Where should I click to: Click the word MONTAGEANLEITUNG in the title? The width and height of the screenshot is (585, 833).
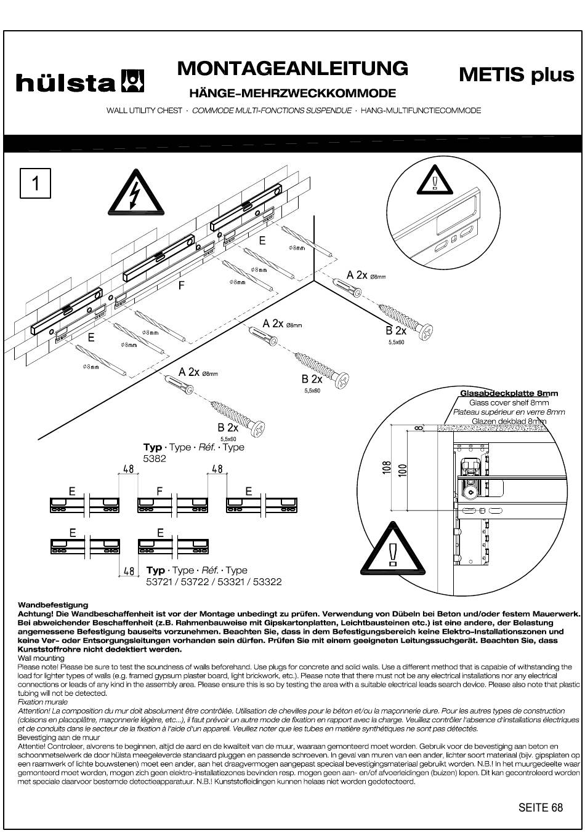click(x=292, y=68)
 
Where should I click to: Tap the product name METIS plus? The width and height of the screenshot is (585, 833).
click(x=516, y=74)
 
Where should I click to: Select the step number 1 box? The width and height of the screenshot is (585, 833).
click(x=35, y=183)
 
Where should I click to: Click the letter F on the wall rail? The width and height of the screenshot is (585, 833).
click(x=182, y=285)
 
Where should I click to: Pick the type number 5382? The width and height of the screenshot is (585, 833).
click(x=155, y=458)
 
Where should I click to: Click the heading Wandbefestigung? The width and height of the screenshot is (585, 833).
click(x=53, y=605)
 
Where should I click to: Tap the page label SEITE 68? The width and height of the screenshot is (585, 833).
click(x=540, y=807)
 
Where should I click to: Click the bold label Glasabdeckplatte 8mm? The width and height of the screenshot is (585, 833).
click(x=509, y=393)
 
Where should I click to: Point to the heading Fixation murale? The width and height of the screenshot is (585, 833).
click(x=42, y=701)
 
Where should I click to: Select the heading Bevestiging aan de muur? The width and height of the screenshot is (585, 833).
click(x=58, y=736)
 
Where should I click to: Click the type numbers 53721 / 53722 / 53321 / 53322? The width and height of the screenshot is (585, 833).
click(x=214, y=581)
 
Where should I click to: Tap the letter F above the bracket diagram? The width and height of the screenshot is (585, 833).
click(x=160, y=491)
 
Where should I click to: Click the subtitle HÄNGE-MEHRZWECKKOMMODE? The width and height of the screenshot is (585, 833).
click(x=292, y=94)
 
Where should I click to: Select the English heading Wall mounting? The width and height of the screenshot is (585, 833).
click(x=41, y=658)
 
